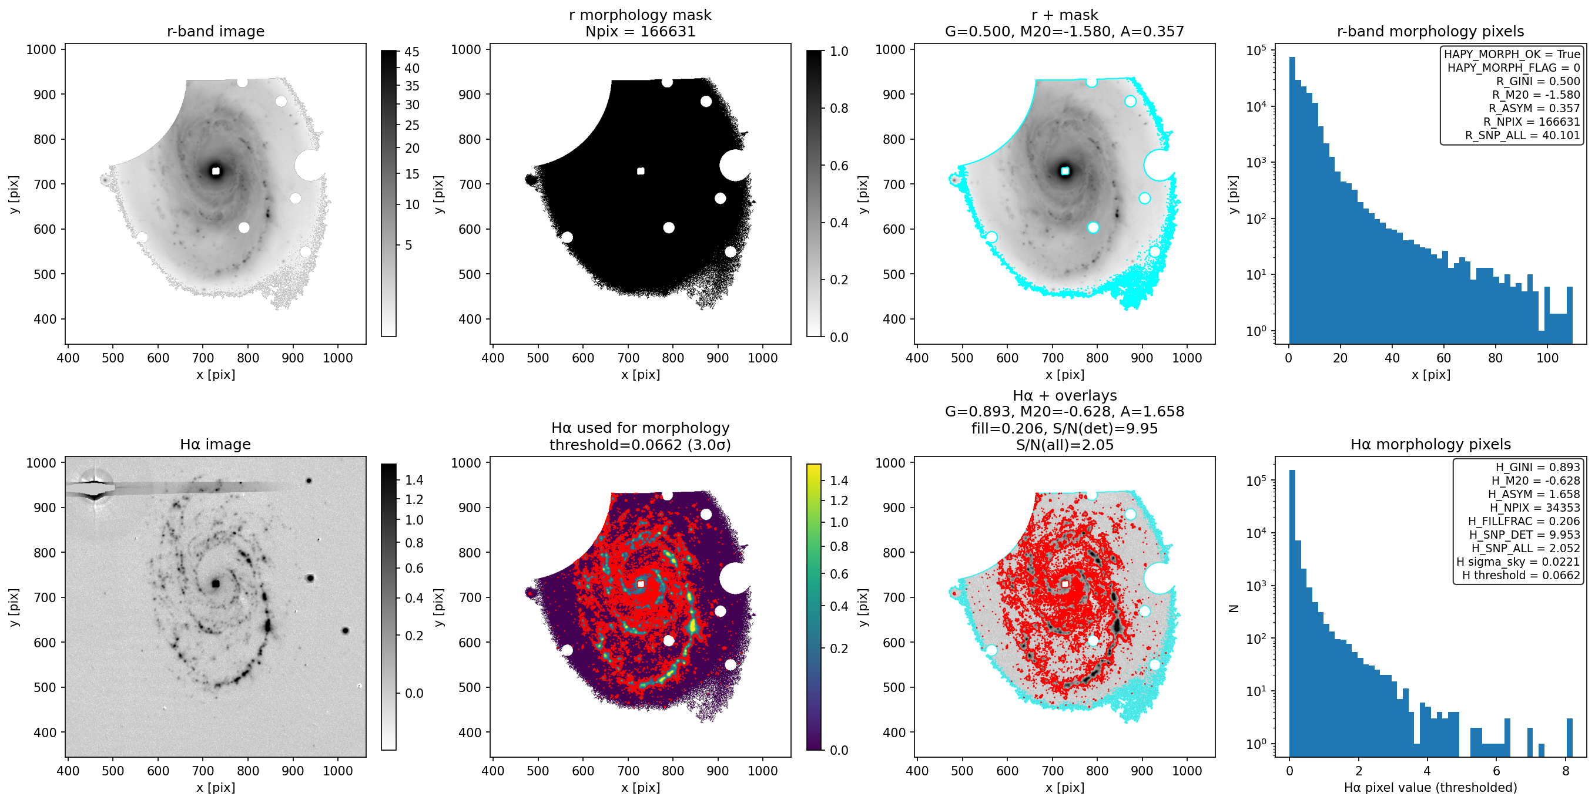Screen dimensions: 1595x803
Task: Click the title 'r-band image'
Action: coord(216,31)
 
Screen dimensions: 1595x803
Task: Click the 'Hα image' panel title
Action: coord(216,444)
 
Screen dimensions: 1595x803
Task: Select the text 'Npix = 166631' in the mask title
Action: coord(640,31)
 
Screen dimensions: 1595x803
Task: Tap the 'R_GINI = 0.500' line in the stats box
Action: coord(1538,81)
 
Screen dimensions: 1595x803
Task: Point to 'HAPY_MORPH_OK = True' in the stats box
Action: coord(1512,54)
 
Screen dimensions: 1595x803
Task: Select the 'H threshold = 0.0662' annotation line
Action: coord(1521,575)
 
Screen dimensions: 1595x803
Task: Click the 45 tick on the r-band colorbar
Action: coord(412,52)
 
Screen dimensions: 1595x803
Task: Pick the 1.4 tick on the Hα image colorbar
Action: coord(414,480)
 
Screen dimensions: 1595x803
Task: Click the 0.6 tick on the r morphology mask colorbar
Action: coord(839,165)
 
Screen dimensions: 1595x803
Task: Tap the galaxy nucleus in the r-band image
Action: coord(216,171)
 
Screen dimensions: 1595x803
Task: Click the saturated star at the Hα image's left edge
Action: coord(93,489)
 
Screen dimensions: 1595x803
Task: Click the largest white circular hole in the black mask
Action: coord(736,165)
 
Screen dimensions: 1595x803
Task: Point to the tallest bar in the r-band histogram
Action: coord(1292,200)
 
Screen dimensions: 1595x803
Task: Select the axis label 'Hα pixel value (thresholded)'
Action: coord(1430,787)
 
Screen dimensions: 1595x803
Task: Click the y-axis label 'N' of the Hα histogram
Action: coord(1234,609)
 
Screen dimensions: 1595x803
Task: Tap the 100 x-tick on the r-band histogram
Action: coord(1547,357)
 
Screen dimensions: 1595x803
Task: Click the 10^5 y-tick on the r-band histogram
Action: coord(1256,49)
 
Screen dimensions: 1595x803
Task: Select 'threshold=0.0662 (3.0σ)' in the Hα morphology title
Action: coord(640,445)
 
